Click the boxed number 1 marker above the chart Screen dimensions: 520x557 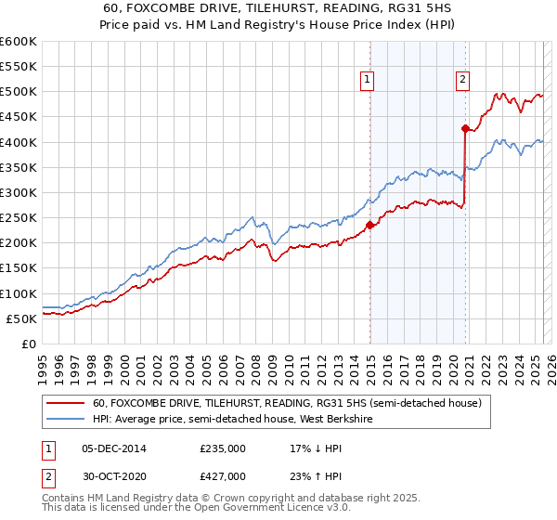click(x=369, y=81)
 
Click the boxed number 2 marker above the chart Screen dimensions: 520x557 click(x=462, y=81)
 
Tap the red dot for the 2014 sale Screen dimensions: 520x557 click(x=369, y=225)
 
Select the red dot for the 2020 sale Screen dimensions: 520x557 click(x=465, y=128)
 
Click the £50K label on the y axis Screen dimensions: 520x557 click(x=22, y=318)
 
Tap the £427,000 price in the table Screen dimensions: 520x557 click(x=223, y=478)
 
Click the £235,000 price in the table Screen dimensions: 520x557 click(x=223, y=448)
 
